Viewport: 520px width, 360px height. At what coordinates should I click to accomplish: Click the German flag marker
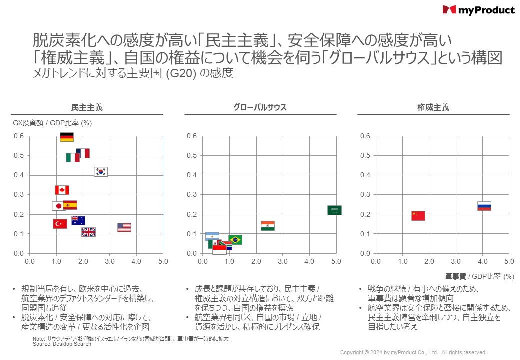67,137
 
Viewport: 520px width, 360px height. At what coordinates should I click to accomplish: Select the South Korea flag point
101,172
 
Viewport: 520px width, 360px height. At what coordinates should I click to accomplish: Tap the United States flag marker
124,228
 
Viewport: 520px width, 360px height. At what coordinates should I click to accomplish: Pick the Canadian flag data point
62,190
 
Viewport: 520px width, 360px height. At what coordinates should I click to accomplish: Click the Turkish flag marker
60,224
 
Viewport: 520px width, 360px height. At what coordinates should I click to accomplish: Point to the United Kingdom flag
88,232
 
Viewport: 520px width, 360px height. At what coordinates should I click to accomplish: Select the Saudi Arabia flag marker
334,210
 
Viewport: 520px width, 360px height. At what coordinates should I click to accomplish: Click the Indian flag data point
268,226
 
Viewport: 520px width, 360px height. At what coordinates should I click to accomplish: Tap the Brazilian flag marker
235,240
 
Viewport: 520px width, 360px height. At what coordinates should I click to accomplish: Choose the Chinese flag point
418,216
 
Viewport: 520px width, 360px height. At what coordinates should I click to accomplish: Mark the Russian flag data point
484,206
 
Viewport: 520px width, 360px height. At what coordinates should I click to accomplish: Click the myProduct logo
478,10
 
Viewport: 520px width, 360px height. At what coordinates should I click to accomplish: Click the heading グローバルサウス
260,107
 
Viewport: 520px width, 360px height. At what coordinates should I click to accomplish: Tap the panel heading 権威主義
433,107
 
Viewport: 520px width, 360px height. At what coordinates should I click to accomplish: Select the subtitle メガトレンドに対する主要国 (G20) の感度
133,73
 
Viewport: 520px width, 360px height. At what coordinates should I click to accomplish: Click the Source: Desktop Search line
62,344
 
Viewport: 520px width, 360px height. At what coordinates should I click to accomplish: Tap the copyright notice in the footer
413,352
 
